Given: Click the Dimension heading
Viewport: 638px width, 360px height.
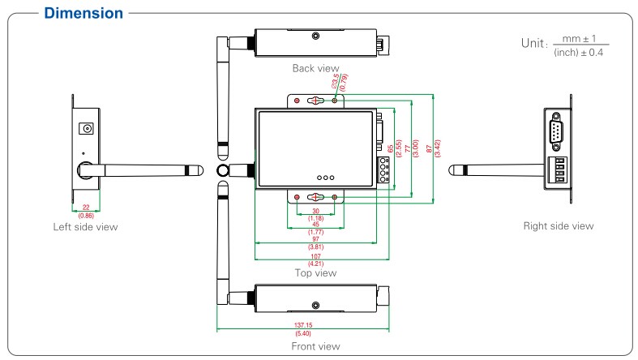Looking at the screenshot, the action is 83,13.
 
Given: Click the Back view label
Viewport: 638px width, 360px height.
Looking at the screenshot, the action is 315,68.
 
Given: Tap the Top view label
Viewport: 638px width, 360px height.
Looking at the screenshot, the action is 315,273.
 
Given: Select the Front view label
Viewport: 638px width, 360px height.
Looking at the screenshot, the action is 315,346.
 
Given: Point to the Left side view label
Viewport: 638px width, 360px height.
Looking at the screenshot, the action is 85,226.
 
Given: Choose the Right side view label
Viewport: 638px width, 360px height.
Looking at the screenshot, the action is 559,225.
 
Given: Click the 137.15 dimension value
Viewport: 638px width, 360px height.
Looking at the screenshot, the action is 303,325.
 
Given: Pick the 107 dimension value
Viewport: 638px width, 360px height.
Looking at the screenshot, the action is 315,256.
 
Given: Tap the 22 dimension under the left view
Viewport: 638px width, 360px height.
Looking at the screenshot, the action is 86,208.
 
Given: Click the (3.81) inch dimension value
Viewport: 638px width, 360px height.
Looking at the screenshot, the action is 315,247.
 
